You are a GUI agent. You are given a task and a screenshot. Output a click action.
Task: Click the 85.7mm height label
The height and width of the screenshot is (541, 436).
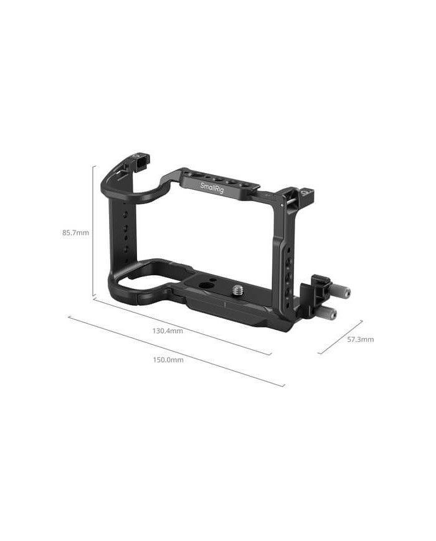(x=75, y=233)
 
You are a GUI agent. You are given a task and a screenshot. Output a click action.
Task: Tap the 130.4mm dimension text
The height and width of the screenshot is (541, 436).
(x=168, y=331)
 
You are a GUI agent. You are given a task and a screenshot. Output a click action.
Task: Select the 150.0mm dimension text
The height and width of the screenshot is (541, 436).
(x=168, y=360)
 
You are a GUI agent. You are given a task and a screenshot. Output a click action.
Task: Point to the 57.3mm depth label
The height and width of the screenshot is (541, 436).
(x=360, y=339)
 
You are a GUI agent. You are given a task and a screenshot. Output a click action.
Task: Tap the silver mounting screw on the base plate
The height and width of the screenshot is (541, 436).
(x=239, y=289)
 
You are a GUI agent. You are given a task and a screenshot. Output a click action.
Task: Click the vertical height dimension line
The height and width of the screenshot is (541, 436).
(x=93, y=230)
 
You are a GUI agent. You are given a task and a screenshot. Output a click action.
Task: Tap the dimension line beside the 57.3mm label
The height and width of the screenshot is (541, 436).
(x=340, y=337)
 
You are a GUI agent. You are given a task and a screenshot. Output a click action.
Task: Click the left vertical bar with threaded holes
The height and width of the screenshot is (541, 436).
(x=125, y=230)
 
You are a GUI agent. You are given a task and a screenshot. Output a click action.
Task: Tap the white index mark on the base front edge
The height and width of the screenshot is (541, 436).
(x=224, y=305)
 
